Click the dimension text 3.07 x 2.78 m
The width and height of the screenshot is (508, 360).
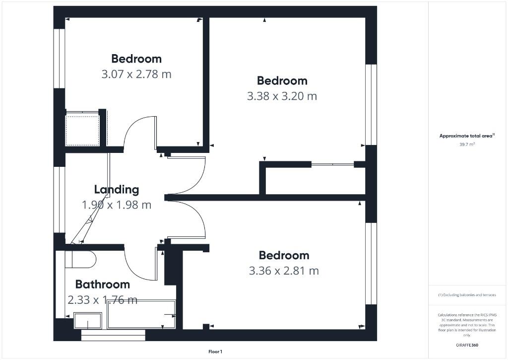tap(136, 74)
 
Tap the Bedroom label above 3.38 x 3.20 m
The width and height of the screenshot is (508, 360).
tap(282, 80)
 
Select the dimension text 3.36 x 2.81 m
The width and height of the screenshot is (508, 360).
tap(284, 271)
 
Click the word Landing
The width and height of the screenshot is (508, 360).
tap(117, 189)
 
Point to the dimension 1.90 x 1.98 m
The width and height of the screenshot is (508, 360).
tap(117, 205)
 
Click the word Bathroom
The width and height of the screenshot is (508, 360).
tap(102, 285)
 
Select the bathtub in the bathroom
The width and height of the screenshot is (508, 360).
tap(141, 314)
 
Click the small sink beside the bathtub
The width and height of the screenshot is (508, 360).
tap(88, 320)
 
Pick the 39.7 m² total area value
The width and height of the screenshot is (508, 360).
tap(467, 144)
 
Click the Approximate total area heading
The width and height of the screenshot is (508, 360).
tap(467, 136)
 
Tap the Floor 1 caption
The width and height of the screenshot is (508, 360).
tap(215, 352)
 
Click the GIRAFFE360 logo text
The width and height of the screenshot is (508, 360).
tap(467, 345)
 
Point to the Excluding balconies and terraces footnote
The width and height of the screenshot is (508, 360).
tap(467, 295)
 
